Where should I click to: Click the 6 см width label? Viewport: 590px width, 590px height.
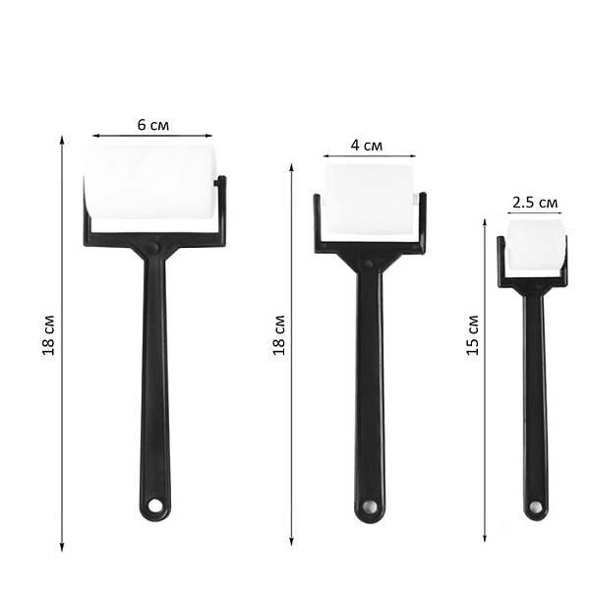153,125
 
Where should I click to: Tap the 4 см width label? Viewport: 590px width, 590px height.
367,146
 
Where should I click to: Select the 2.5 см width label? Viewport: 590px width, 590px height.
535,203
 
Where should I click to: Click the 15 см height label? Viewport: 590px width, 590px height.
472,335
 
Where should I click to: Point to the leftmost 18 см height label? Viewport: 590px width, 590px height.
48,335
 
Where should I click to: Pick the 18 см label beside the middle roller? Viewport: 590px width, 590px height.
279,335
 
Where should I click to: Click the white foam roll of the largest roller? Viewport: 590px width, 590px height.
150,182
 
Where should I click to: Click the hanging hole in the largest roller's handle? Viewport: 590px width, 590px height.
154,505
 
